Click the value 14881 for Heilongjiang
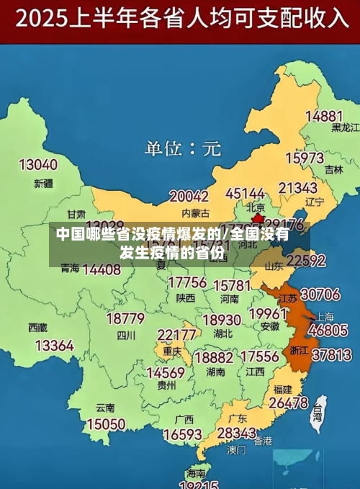click(324, 116)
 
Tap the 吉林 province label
click(333, 170)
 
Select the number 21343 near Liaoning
click(297, 188)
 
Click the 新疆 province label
click(44, 183)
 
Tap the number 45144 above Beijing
click(246, 194)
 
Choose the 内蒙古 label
click(195, 213)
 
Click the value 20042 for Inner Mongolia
click(189, 196)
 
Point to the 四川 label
click(126, 335)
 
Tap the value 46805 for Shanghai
click(328, 331)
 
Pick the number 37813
click(331, 354)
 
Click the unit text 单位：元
click(182, 149)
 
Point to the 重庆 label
click(172, 351)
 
